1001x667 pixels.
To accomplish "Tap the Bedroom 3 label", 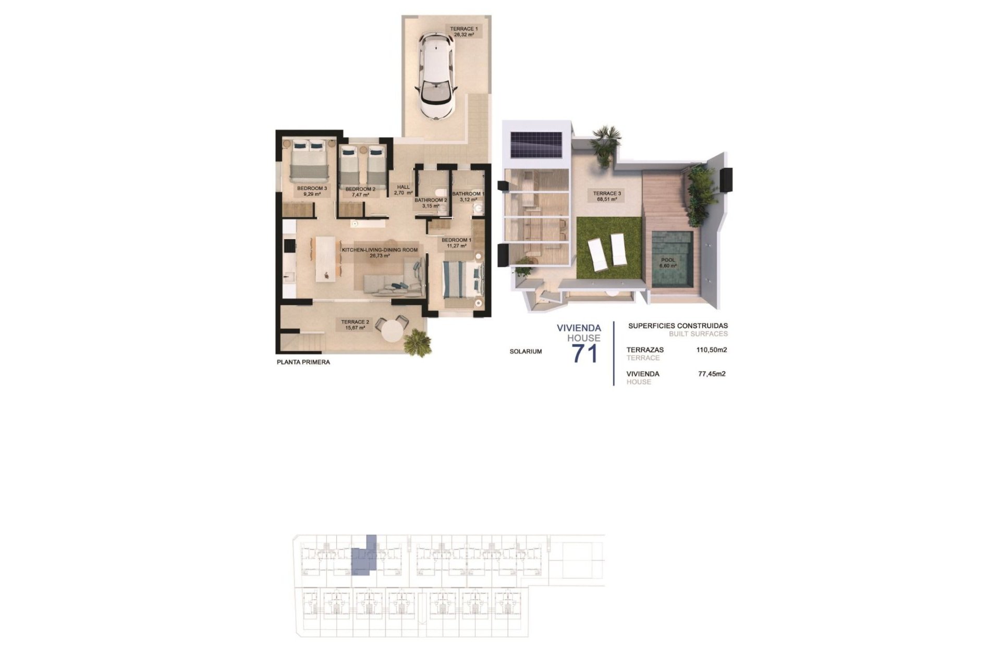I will [x=312, y=191].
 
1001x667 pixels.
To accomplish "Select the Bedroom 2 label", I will [x=360, y=192].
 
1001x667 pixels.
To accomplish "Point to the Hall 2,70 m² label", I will [x=403, y=190].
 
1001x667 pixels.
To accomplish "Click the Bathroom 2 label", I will [x=431, y=203].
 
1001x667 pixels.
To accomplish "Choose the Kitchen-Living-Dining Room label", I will [x=380, y=253].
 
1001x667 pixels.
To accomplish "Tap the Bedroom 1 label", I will [x=456, y=243].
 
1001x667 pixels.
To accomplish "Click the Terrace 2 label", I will [x=355, y=325].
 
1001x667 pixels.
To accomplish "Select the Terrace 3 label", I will [x=607, y=196].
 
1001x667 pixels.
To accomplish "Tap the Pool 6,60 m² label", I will [x=668, y=263].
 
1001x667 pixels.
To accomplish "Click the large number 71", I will [x=585, y=354].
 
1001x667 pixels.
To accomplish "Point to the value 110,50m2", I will [x=711, y=350].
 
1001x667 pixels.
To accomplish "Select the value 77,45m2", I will [x=711, y=374].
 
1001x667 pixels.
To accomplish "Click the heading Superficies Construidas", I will [x=678, y=326].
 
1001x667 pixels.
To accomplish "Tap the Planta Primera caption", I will [x=303, y=362].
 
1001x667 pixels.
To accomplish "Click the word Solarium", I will [x=526, y=352].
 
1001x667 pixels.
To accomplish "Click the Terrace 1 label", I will [x=463, y=31].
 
